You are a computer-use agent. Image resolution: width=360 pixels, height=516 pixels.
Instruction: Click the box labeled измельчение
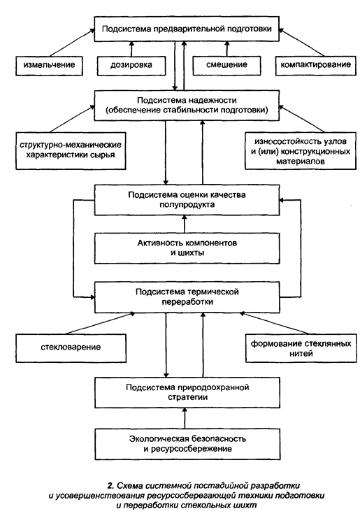49,66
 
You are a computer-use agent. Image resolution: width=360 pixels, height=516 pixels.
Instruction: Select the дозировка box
131,66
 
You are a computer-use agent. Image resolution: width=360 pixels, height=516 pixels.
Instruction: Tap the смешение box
226,66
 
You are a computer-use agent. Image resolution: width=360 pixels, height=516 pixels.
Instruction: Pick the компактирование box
315,66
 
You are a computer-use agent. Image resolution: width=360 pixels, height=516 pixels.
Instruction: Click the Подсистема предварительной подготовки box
187,29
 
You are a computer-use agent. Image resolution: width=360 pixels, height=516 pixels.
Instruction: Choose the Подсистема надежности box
187,106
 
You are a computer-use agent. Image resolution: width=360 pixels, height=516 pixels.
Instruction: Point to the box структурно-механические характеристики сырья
71,151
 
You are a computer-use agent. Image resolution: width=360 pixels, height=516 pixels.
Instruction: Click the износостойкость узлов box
301,151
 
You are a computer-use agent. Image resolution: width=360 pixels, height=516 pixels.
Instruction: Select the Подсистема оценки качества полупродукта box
187,200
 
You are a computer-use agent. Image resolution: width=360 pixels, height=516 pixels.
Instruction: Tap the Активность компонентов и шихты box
187,248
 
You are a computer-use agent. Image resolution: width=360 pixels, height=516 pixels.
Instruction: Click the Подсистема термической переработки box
187,297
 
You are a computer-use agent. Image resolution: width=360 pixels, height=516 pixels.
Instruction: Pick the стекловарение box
71,348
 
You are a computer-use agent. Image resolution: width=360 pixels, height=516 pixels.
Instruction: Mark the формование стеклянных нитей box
301,348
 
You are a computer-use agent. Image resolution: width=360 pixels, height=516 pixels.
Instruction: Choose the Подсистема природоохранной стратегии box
187,393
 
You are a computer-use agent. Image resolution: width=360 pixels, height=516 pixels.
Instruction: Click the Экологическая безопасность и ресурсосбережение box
187,444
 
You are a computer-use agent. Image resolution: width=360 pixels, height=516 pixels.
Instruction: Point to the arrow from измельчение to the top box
72,43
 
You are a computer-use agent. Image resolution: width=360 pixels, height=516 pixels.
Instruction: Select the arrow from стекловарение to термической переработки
100,324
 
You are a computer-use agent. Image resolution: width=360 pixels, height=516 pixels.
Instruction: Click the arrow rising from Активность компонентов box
185,224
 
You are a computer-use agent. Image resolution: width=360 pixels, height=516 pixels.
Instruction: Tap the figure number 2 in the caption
110,486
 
